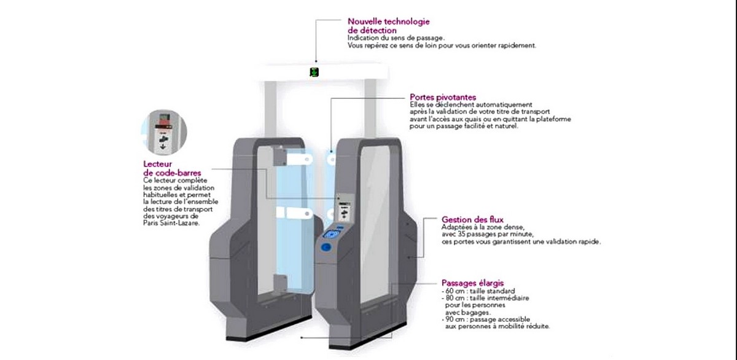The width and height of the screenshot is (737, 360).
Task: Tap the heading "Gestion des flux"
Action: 472,219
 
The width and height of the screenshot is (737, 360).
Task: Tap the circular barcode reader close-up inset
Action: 164,132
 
